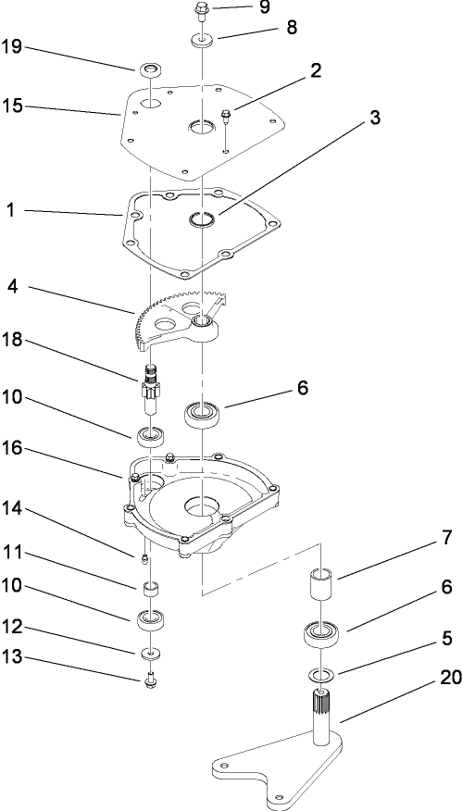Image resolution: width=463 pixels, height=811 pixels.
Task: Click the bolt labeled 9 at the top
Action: click(200, 10)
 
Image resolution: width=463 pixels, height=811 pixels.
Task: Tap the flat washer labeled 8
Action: click(200, 40)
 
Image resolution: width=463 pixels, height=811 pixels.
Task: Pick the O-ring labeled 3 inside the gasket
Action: click(200, 220)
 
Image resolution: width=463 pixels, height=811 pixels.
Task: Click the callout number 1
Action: click(12, 211)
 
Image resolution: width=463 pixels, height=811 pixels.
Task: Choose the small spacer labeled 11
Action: click(148, 588)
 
